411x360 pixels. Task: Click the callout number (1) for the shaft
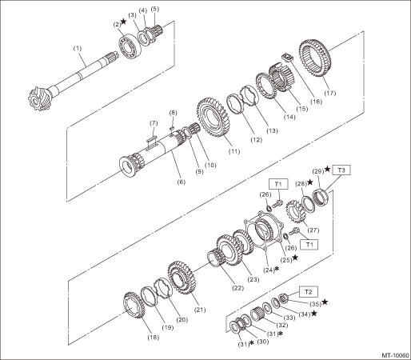point(78,49)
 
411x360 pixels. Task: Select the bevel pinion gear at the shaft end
point(38,98)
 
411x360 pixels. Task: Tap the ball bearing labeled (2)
point(130,46)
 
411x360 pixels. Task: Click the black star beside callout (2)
point(124,22)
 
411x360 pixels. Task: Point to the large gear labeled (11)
point(211,118)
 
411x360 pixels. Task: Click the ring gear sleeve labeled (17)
point(314,58)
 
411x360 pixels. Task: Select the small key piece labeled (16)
point(287,58)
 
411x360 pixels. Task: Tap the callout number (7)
point(154,123)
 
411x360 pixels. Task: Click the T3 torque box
point(341,170)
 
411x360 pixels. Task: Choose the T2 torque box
point(309,292)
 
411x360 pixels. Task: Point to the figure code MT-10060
point(395,355)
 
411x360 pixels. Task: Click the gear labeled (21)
point(182,278)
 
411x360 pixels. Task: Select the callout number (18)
point(154,338)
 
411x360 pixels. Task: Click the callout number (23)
point(253,279)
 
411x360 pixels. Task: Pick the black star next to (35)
point(325,302)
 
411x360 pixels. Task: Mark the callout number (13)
point(272,130)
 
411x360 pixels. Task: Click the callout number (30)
point(262,342)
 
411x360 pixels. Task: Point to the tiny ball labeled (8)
point(172,128)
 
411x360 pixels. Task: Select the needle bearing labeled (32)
point(258,314)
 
